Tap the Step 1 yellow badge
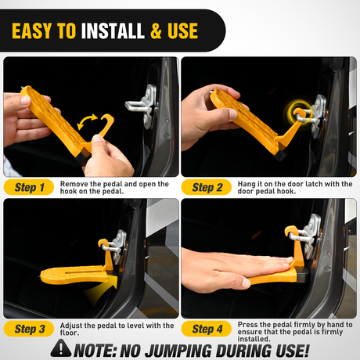34,187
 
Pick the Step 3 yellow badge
34,329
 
